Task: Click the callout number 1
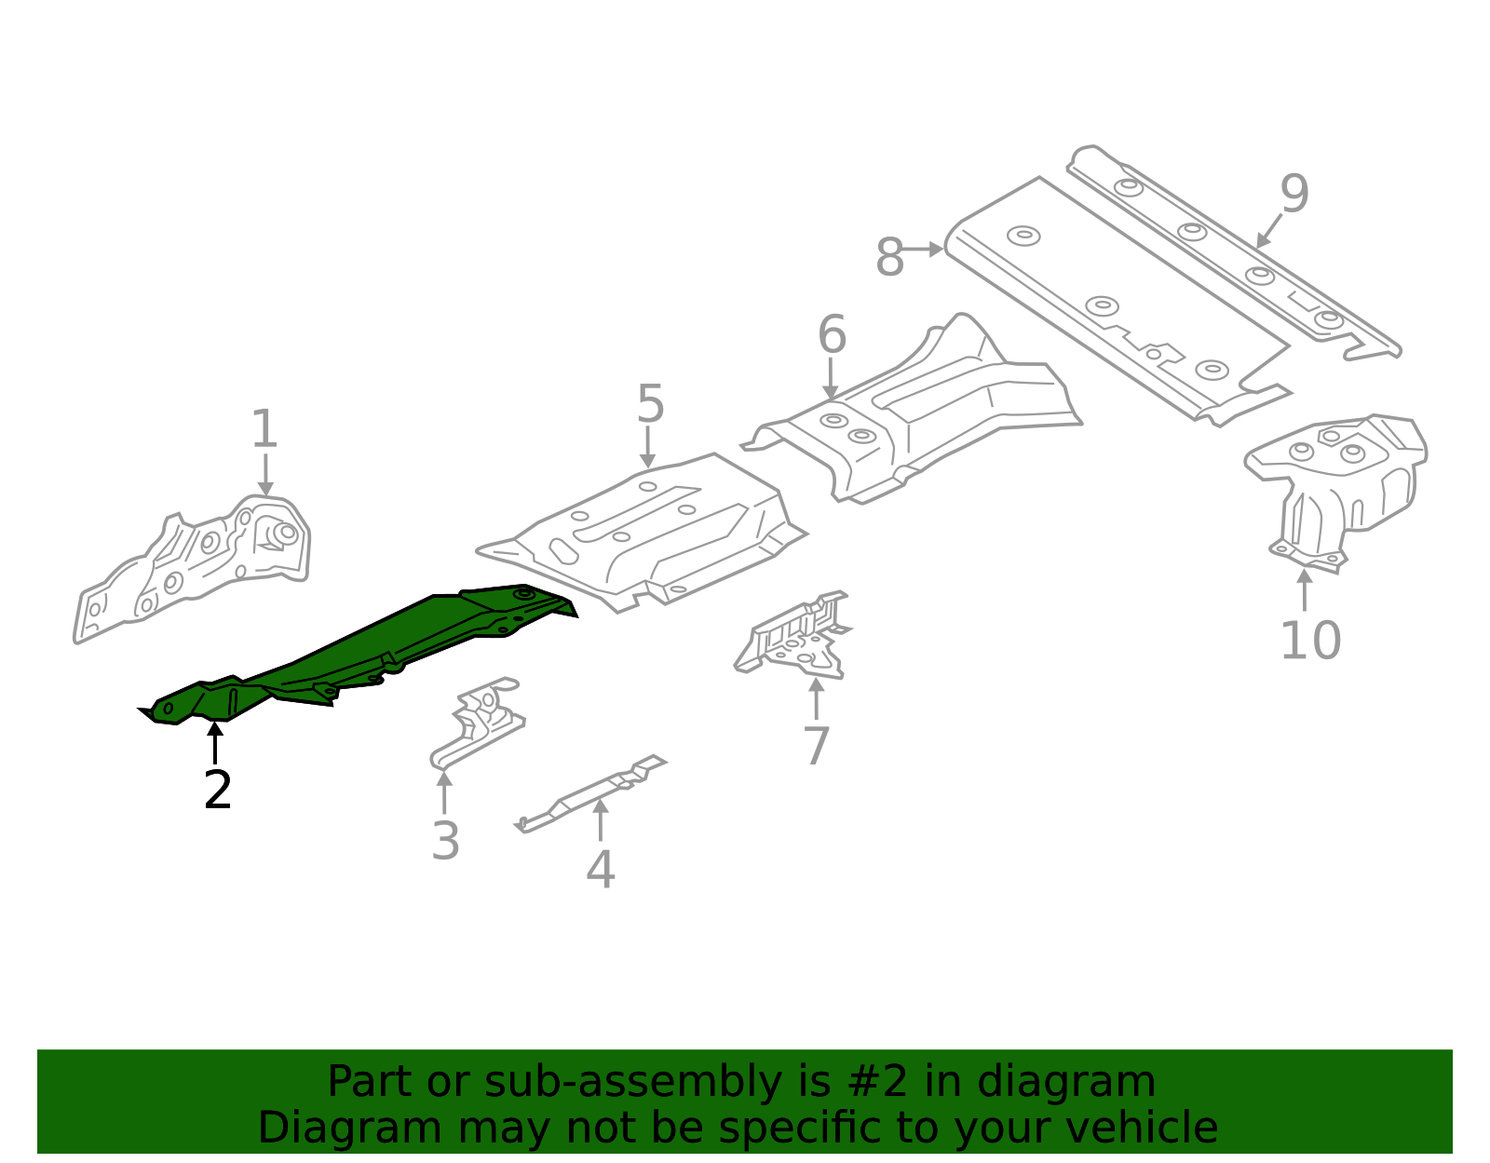pyautogui.click(x=264, y=430)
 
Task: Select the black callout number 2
pyautogui.click(x=217, y=791)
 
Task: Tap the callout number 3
pyautogui.click(x=445, y=841)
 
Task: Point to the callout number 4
pyautogui.click(x=601, y=870)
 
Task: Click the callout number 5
pyautogui.click(x=650, y=405)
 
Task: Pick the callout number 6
pyautogui.click(x=832, y=335)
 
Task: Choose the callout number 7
pyautogui.click(x=816, y=746)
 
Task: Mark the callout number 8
pyautogui.click(x=889, y=257)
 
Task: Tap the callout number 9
pyautogui.click(x=1294, y=194)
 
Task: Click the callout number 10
pyautogui.click(x=1310, y=641)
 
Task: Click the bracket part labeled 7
pyautogui.click(x=796, y=638)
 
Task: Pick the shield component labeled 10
pyautogui.click(x=1341, y=484)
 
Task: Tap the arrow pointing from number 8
pyautogui.click(x=924, y=250)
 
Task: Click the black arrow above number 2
pyautogui.click(x=215, y=742)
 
